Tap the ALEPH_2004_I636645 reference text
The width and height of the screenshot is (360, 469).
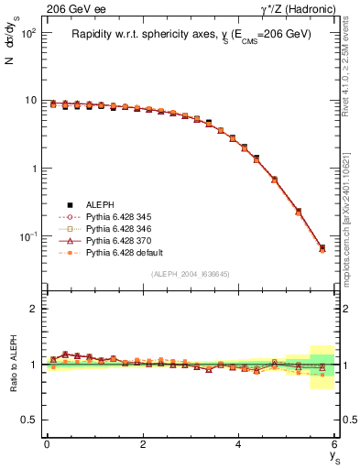191,274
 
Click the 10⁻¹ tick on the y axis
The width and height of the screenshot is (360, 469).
30,236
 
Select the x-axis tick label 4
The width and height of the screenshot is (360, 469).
238,442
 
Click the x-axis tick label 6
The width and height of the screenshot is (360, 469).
334,442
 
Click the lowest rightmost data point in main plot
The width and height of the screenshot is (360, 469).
322,248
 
